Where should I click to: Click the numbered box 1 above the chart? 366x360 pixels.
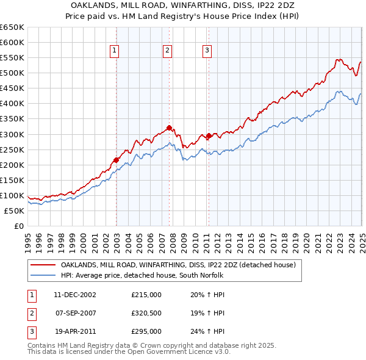pos(115,51)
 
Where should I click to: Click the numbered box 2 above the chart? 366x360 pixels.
pos(167,51)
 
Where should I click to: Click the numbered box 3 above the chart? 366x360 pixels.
pos(207,51)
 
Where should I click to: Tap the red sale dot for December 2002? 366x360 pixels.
pos(116,160)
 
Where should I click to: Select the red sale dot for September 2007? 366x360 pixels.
pos(169,128)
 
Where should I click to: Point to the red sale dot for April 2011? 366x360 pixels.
pos(209,136)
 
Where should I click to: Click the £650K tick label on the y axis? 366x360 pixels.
pos(12,27)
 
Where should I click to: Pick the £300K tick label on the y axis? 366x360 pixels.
pos(12,134)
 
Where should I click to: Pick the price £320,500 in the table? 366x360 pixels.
pos(146,313)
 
